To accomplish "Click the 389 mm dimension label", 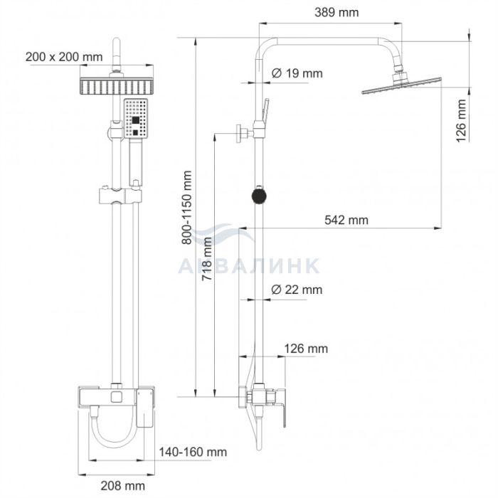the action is [337, 13].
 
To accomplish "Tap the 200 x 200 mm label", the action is [64, 57].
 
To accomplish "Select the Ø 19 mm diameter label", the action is [297, 73].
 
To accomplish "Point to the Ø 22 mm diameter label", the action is [297, 290].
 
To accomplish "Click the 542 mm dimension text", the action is [346, 220].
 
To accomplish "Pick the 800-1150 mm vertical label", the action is [187, 208].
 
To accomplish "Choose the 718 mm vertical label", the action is [207, 258].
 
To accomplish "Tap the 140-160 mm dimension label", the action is [193, 452].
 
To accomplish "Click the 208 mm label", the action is [123, 486].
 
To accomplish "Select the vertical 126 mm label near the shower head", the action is [461, 121].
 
